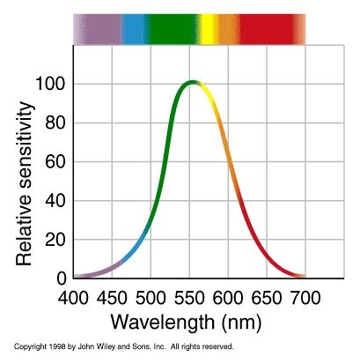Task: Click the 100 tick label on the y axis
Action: click(49, 85)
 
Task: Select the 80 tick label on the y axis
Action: click(55, 123)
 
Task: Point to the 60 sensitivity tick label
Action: click(55, 162)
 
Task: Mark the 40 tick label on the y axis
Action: click(55, 201)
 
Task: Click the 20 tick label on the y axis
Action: click(55, 240)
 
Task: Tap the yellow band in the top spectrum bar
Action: click(209, 28)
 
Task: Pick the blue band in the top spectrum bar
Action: click(134, 28)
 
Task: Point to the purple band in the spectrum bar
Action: click(97, 28)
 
